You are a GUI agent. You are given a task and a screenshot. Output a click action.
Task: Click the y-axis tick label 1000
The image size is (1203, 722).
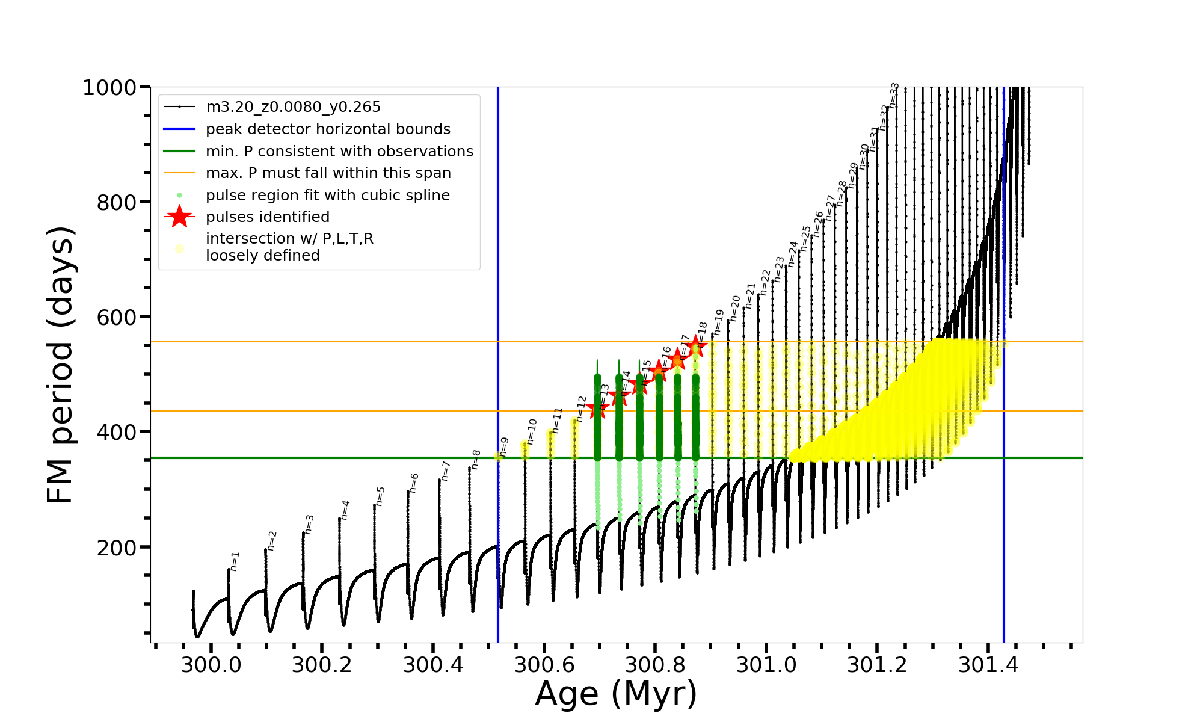tap(109, 88)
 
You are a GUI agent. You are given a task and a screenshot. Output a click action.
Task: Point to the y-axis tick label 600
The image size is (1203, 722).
tap(117, 317)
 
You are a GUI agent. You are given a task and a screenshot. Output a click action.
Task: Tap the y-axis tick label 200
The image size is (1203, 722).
tap(117, 548)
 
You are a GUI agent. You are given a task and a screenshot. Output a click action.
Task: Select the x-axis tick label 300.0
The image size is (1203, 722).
tap(211, 665)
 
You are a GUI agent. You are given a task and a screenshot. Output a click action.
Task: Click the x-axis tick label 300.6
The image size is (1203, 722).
tap(544, 665)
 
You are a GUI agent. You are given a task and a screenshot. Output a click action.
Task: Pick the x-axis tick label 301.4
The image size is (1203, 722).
tap(988, 665)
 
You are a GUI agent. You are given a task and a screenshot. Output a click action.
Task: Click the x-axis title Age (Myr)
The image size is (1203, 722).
tap(616, 694)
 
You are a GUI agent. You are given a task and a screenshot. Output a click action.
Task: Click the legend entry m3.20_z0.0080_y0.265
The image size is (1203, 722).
tap(293, 107)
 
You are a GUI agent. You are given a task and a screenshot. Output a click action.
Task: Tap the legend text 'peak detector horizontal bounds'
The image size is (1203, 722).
tap(328, 129)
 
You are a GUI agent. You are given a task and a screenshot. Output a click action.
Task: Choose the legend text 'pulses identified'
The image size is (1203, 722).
tap(268, 217)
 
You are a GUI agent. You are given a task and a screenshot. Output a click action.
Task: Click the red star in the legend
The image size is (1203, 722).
tap(179, 217)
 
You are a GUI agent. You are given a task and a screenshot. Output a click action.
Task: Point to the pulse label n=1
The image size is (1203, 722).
tap(235, 561)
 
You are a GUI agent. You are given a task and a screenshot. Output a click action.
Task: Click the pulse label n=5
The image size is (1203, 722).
tap(380, 496)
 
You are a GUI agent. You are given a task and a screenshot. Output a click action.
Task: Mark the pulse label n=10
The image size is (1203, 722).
tap(531, 431)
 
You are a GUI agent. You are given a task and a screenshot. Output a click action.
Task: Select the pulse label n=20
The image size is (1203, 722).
tap(735, 308)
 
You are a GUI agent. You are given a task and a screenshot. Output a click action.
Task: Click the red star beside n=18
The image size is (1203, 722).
tap(696, 347)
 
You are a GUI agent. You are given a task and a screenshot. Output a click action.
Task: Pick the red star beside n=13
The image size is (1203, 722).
tap(597, 409)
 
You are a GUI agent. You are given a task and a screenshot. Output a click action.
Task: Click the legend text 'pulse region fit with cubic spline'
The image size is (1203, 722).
tap(328, 196)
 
